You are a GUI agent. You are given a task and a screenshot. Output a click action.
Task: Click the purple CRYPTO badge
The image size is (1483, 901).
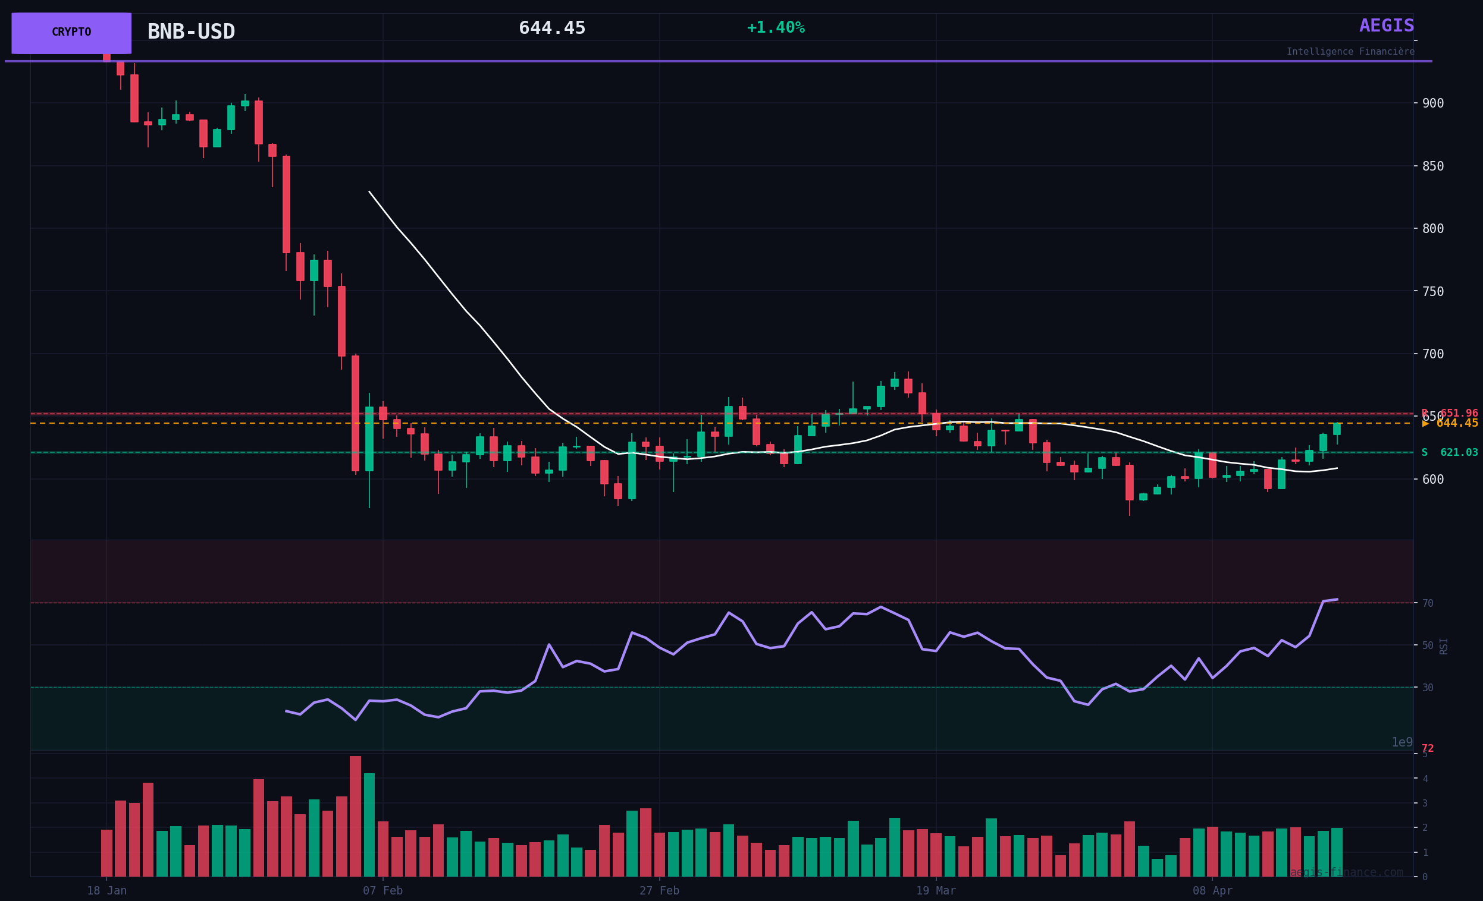pos(71,33)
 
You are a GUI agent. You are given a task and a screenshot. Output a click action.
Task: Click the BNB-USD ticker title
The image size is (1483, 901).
pos(191,32)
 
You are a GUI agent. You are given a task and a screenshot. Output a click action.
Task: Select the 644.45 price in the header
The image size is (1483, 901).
pos(552,29)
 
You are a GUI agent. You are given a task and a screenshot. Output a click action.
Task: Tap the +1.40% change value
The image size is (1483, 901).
pos(775,28)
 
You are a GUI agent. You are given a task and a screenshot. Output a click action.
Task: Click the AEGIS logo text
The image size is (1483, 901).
pos(1387,26)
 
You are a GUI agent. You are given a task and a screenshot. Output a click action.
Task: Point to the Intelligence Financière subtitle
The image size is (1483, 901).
pos(1350,52)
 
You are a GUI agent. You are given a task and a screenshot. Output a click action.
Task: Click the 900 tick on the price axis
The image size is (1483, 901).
pos(1432,103)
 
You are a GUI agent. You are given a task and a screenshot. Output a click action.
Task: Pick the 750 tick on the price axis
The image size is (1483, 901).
pos(1432,292)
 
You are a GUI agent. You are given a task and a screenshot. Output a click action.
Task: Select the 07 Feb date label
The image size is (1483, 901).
pos(382,891)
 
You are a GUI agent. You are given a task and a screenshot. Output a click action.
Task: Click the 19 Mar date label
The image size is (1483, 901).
pos(936,891)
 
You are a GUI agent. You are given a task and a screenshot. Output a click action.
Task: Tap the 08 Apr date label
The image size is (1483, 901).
pos(1213,891)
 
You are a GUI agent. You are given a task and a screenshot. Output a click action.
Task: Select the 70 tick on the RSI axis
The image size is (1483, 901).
pos(1428,603)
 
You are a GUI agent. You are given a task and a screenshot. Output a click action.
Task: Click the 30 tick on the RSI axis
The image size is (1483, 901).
pos(1428,688)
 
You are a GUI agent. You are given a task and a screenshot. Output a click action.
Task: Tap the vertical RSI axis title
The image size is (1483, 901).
pos(1443,646)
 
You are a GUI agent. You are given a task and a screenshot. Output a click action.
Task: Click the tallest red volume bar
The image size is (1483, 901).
pos(355,816)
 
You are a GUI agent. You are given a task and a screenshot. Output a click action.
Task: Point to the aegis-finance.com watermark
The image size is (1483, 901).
pos(1346,872)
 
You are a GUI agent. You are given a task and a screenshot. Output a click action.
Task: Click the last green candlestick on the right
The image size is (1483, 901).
pos(1337,429)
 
